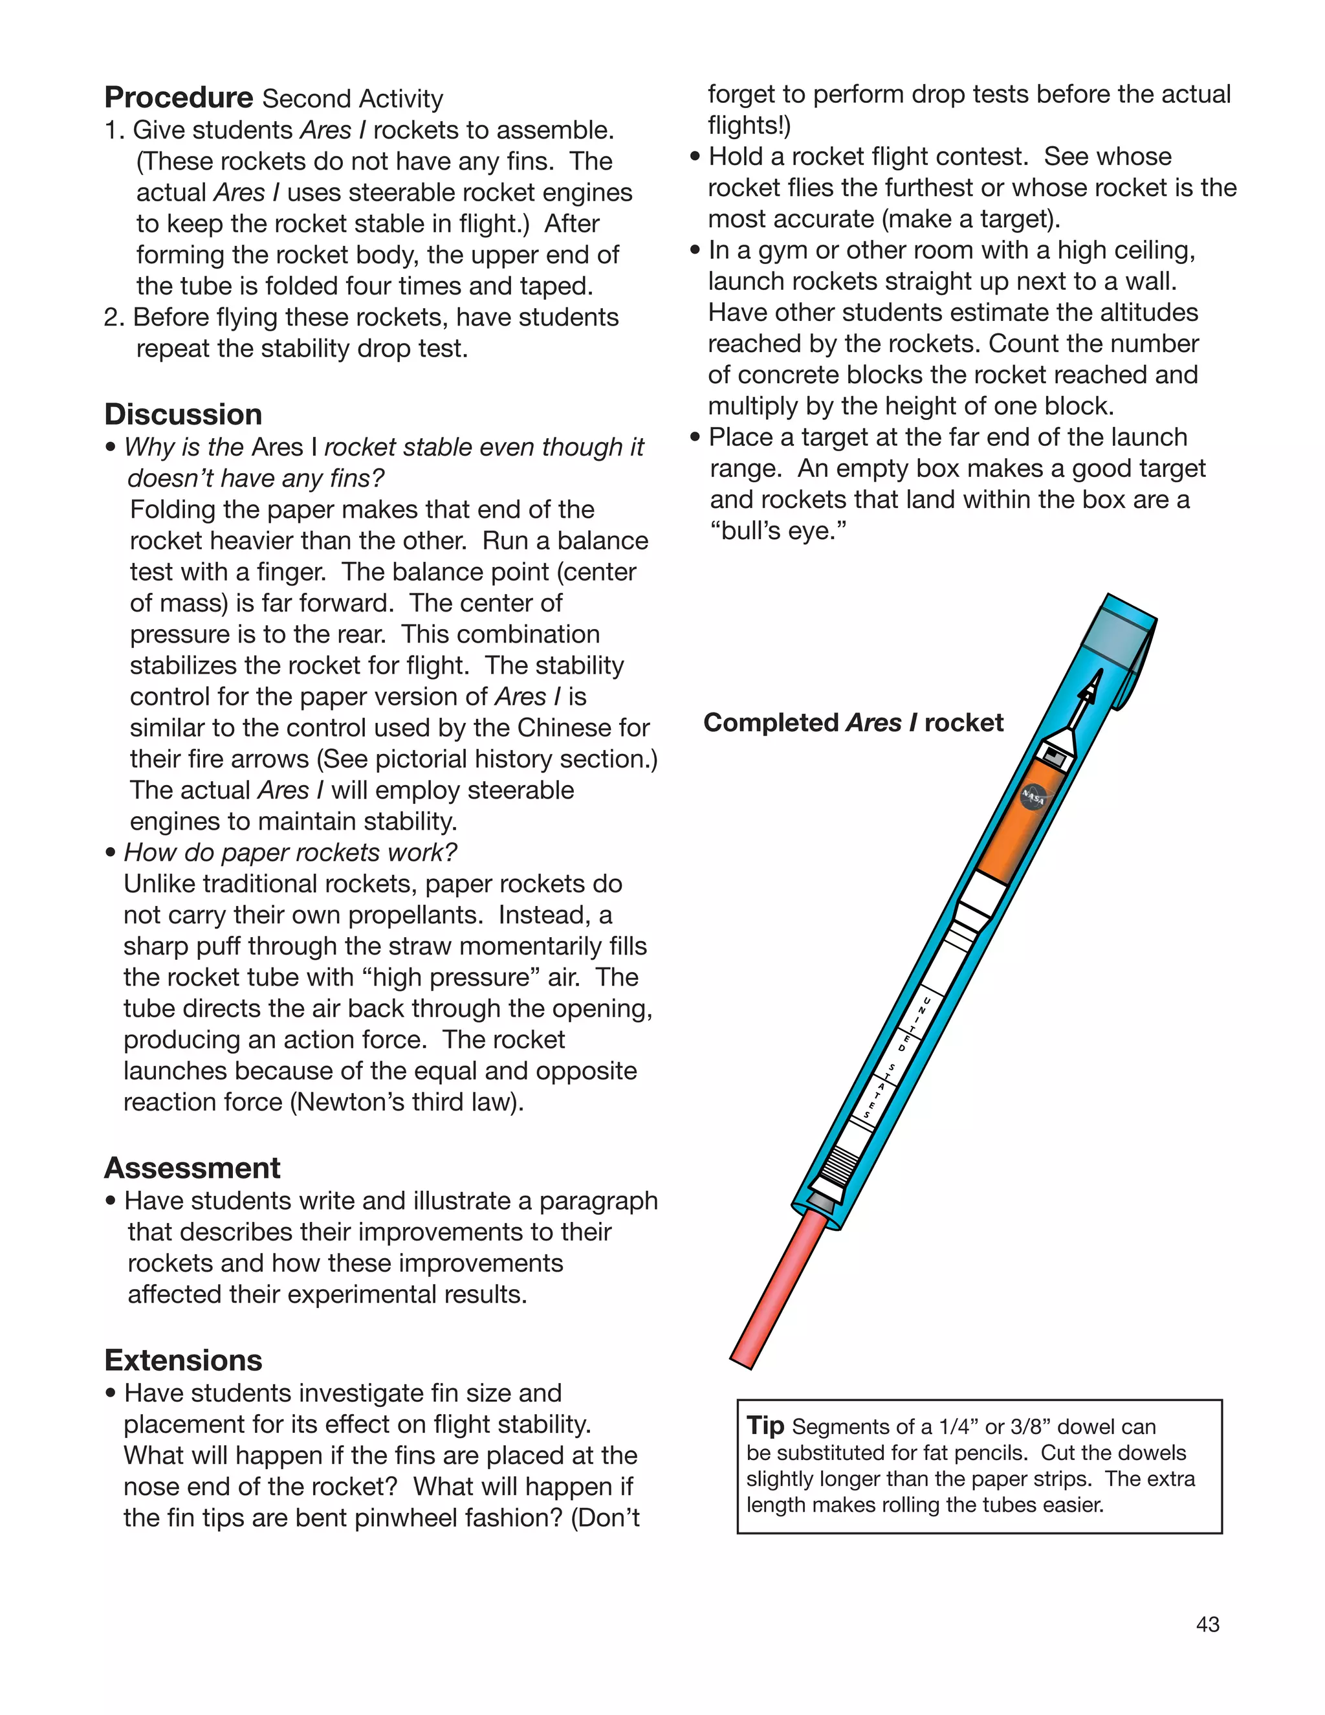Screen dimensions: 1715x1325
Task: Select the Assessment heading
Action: tap(192, 1167)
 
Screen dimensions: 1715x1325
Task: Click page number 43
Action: tap(1207, 1624)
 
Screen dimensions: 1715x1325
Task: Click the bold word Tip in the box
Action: tap(765, 1424)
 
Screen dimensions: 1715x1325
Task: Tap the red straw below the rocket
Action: tap(777, 1288)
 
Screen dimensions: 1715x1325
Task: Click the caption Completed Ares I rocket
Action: tap(853, 722)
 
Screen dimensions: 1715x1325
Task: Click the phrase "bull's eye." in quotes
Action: tap(778, 531)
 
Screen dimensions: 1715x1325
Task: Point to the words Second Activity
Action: tap(353, 99)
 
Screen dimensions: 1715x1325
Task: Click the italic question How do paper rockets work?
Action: tap(290, 852)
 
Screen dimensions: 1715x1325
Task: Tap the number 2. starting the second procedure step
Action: tap(115, 317)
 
